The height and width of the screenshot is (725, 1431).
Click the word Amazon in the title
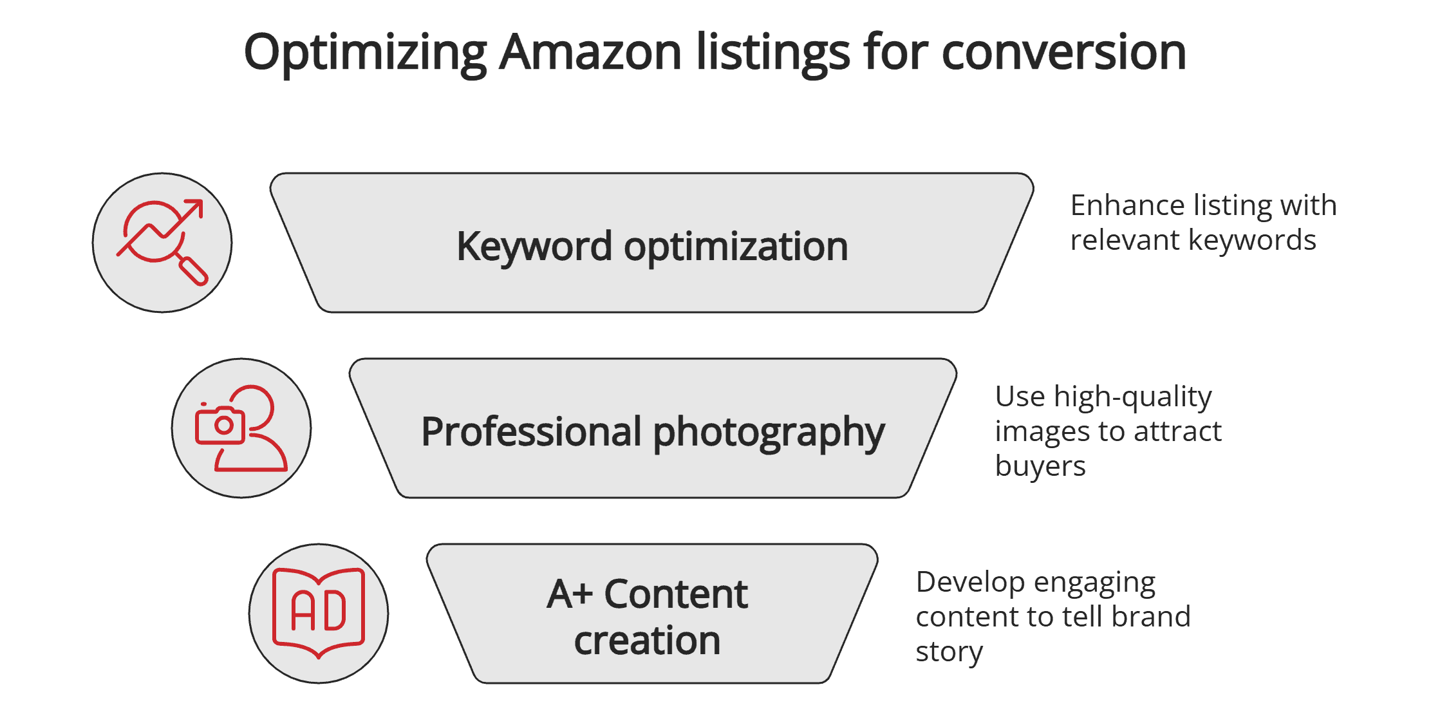coord(590,52)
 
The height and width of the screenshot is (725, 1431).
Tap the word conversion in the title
coord(1063,52)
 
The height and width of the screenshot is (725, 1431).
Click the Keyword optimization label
coord(652,246)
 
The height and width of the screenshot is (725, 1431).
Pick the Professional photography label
coord(653,431)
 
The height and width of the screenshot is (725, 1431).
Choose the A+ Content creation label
coord(648,616)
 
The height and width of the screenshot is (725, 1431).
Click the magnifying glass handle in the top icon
coord(193,271)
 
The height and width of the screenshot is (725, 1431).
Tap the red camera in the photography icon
coord(220,426)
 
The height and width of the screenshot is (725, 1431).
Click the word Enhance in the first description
coord(1127,205)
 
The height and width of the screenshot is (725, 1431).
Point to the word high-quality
coord(1132,397)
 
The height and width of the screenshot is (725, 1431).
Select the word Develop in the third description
coord(969,582)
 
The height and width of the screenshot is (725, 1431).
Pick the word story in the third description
coord(949,652)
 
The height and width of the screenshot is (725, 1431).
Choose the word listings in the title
coord(772,53)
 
